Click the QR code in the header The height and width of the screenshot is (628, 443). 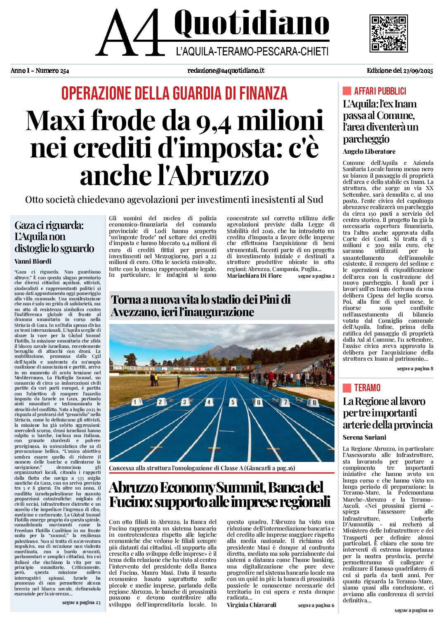point(388,33)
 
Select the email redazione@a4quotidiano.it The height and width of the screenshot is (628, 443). point(226,71)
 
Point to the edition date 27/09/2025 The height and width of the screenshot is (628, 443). point(417,71)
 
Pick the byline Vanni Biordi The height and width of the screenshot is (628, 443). point(33,261)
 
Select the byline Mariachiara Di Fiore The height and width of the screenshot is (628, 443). point(254,276)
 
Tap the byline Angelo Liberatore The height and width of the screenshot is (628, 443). point(369,152)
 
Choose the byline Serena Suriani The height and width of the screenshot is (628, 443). point(364,437)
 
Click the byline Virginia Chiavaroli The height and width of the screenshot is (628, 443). point(251,605)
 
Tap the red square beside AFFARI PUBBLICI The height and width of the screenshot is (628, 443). point(347,91)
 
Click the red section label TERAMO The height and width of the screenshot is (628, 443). point(367,388)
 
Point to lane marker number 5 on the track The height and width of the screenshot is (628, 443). point(233,402)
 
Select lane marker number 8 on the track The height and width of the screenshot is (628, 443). point(314,402)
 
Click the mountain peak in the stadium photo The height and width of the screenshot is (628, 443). point(224,346)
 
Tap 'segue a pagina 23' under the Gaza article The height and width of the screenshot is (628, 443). point(81,602)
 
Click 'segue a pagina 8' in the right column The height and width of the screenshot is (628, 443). point(415,368)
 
